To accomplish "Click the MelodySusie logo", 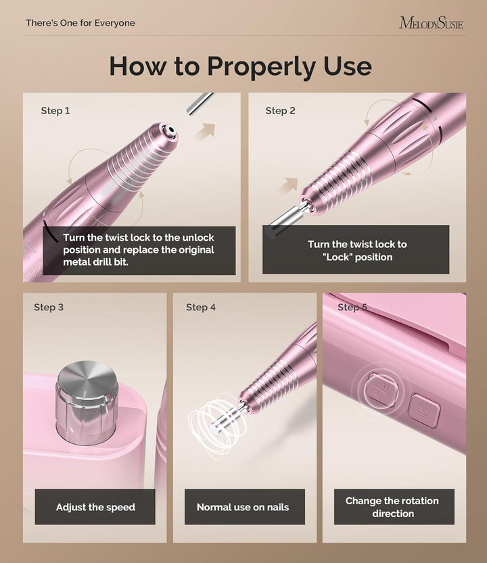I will [431, 23].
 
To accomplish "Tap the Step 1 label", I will [55, 111].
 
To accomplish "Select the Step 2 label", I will [280, 111].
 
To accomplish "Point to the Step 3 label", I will [49, 308].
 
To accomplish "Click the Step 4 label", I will [201, 308].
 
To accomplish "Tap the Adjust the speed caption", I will [95, 507].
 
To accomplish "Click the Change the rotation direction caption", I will [392, 507].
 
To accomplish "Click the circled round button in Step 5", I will [375, 391].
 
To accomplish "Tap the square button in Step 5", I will [423, 412].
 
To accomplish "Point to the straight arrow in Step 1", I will [204, 131].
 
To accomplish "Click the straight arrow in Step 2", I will [290, 185].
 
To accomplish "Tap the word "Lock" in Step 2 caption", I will [337, 258].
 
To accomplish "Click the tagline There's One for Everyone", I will [80, 23].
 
